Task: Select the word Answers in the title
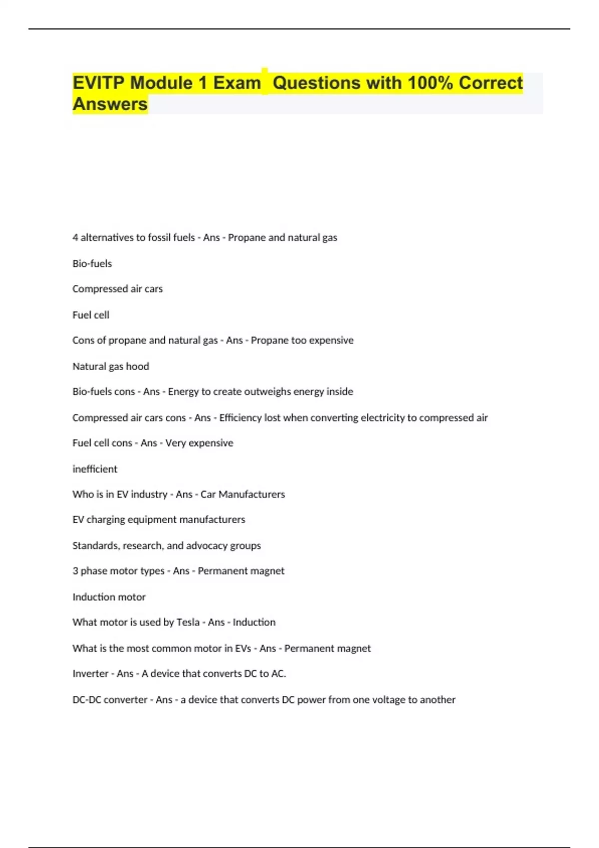[110, 104]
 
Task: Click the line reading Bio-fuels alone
[92, 263]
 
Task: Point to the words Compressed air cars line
[117, 289]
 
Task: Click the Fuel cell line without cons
[91, 315]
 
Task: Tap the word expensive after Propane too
[331, 340]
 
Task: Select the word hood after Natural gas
[137, 366]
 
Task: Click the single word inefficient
[95, 469]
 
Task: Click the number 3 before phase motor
[75, 571]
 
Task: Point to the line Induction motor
[109, 597]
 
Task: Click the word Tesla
[188, 622]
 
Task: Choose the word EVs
[243, 648]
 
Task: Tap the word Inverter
[90, 673]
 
